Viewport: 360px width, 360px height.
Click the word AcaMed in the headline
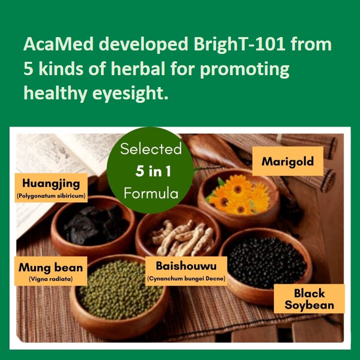tap(58, 44)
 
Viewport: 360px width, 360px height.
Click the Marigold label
tap(288, 161)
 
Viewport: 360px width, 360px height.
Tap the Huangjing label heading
tap(51, 183)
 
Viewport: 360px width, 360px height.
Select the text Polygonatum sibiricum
tap(51, 196)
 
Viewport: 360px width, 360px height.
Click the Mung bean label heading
tap(51, 268)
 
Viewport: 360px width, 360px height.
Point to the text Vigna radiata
tap(51, 279)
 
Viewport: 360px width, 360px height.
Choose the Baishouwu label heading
tap(186, 266)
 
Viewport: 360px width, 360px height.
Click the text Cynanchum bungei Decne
tap(186, 278)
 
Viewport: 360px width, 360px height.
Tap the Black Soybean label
tap(309, 299)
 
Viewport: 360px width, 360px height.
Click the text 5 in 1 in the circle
tap(153, 171)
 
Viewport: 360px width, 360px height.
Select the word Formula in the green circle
tap(151, 193)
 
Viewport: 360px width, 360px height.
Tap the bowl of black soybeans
tap(267, 264)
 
